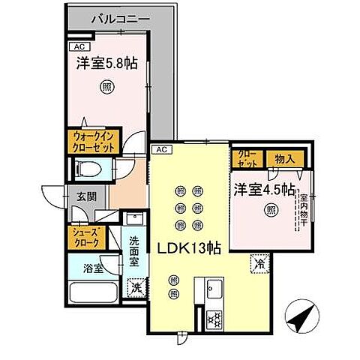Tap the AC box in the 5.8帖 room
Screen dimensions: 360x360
(79, 46)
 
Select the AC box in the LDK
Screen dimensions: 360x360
(160, 150)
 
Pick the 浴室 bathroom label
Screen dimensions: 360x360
(94, 266)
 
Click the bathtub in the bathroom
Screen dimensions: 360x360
(91, 292)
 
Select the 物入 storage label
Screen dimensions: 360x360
(283, 158)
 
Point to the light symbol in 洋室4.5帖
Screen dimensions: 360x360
(268, 211)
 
